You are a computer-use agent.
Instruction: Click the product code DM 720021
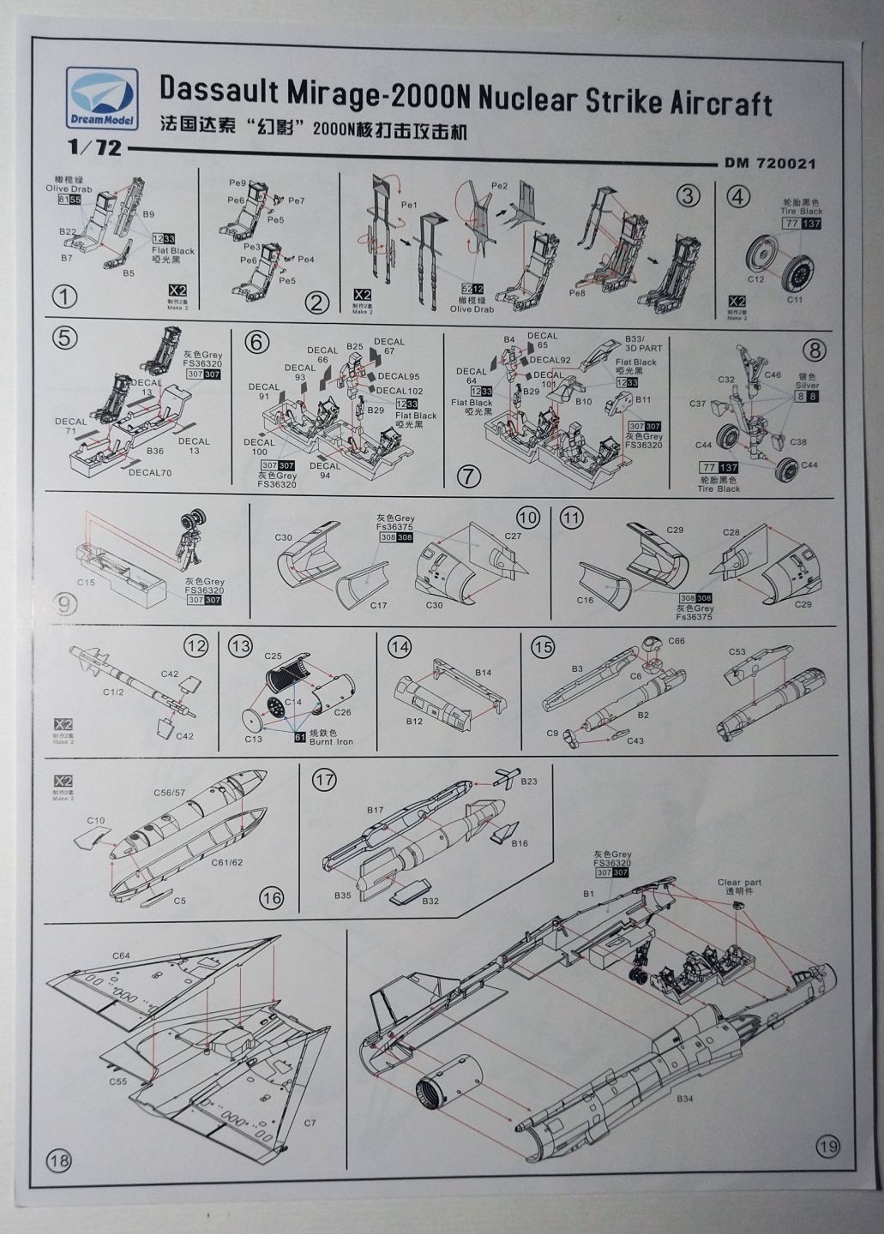tap(769, 163)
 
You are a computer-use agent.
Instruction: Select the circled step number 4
tap(738, 196)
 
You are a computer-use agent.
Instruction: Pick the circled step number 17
tap(324, 780)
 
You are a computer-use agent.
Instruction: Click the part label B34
tap(684, 1098)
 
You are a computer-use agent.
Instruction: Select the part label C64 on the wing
tap(120, 955)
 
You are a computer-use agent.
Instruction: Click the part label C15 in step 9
tap(85, 581)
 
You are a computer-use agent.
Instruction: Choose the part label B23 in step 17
tap(528, 781)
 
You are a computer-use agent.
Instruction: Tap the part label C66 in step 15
tap(677, 641)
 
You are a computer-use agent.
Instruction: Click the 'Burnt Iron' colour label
tap(332, 741)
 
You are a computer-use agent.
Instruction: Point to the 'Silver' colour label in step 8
tap(806, 386)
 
